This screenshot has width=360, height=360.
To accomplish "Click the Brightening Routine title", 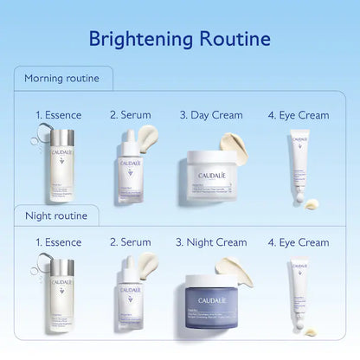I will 180,39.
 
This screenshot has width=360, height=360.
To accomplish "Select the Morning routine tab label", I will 61,79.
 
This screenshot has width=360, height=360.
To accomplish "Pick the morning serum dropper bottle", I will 130,160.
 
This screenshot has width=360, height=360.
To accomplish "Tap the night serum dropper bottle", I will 131,294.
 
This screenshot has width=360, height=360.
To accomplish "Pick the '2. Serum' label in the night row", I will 131,243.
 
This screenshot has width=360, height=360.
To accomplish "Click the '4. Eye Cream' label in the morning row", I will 299,115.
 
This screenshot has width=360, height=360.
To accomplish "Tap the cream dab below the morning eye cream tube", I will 310,202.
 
